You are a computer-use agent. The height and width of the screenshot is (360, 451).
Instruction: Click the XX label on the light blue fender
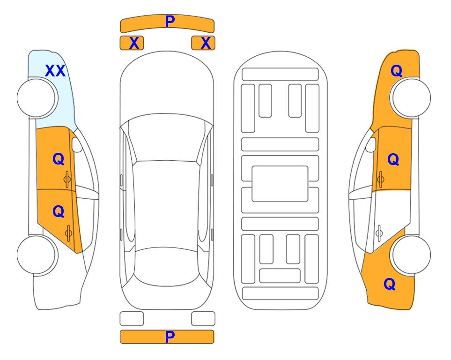(x=55, y=71)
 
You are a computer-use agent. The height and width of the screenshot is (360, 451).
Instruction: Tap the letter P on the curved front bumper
(x=170, y=21)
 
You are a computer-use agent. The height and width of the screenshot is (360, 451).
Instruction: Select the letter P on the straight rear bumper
(x=170, y=337)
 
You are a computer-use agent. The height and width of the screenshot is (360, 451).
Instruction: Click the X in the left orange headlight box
(x=134, y=43)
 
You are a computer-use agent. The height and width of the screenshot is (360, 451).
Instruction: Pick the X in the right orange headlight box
(x=206, y=43)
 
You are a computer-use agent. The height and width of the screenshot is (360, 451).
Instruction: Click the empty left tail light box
(x=132, y=319)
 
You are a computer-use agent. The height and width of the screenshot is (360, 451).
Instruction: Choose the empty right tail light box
(x=203, y=319)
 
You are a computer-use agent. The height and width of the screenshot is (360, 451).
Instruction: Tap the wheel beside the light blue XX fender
(x=37, y=98)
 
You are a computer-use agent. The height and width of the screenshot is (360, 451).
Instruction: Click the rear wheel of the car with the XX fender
(x=37, y=255)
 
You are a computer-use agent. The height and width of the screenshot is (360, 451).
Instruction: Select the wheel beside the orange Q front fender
(x=411, y=98)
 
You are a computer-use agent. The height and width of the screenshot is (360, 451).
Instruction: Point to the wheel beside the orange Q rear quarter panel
(x=411, y=255)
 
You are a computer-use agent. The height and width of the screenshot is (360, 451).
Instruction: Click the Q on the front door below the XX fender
(x=59, y=159)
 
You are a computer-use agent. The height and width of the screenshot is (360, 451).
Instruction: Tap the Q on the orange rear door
(x=59, y=212)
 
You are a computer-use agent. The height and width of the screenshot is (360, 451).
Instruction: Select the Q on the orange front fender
(x=396, y=71)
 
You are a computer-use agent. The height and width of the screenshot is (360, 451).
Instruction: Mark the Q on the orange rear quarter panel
(x=390, y=284)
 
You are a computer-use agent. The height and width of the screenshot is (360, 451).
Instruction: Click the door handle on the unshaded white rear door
(x=379, y=233)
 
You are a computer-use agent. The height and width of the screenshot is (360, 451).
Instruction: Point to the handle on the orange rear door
(x=68, y=233)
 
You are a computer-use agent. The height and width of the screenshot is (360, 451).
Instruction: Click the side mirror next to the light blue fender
(x=77, y=144)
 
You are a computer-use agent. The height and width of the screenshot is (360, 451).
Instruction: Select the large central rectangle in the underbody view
(x=280, y=184)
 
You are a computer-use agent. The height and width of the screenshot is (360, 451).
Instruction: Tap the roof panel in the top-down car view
(x=166, y=205)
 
